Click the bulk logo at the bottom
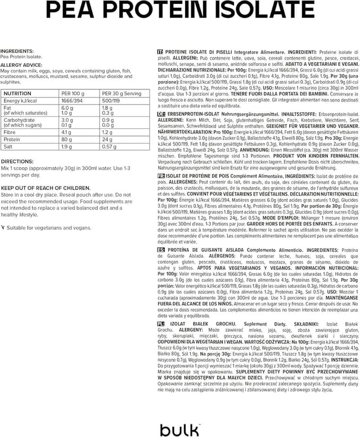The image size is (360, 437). [x=179, y=430]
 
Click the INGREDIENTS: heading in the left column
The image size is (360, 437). [x=17, y=51]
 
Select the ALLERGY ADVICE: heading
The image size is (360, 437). [x=20, y=65]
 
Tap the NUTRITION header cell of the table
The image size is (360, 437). [x=17, y=93]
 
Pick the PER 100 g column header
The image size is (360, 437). [x=73, y=93]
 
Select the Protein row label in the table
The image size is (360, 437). [x=12, y=139]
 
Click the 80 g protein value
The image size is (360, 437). [x=66, y=139]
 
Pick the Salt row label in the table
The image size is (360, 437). [x=9, y=146]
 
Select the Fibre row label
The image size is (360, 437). [x=11, y=132]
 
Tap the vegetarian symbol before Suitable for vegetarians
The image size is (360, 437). [x=3, y=228]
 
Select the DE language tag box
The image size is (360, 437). [x=161, y=113]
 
